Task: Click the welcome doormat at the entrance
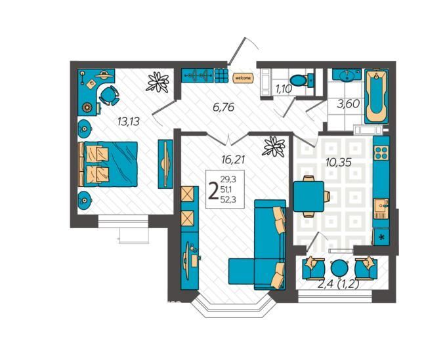pyautogui.click(x=243, y=77)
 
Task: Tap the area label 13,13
pyautogui.click(x=129, y=122)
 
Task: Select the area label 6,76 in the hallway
pyautogui.click(x=224, y=107)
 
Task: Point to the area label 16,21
pyautogui.click(x=233, y=160)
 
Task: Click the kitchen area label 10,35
pyautogui.click(x=339, y=162)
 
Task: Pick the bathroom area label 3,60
pyautogui.click(x=349, y=104)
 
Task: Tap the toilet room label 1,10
pyautogui.click(x=283, y=89)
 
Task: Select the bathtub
pyautogui.click(x=376, y=96)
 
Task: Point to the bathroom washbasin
pyautogui.click(x=346, y=75)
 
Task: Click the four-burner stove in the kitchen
pyautogui.click(x=381, y=153)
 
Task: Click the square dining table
pyautogui.click(x=308, y=196)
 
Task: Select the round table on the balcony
pyautogui.click(x=339, y=268)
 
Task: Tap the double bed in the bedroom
pyautogui.click(x=108, y=164)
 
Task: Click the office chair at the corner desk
pyautogui.click(x=109, y=96)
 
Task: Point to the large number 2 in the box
pyautogui.click(x=213, y=191)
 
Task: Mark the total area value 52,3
pyautogui.click(x=229, y=199)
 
